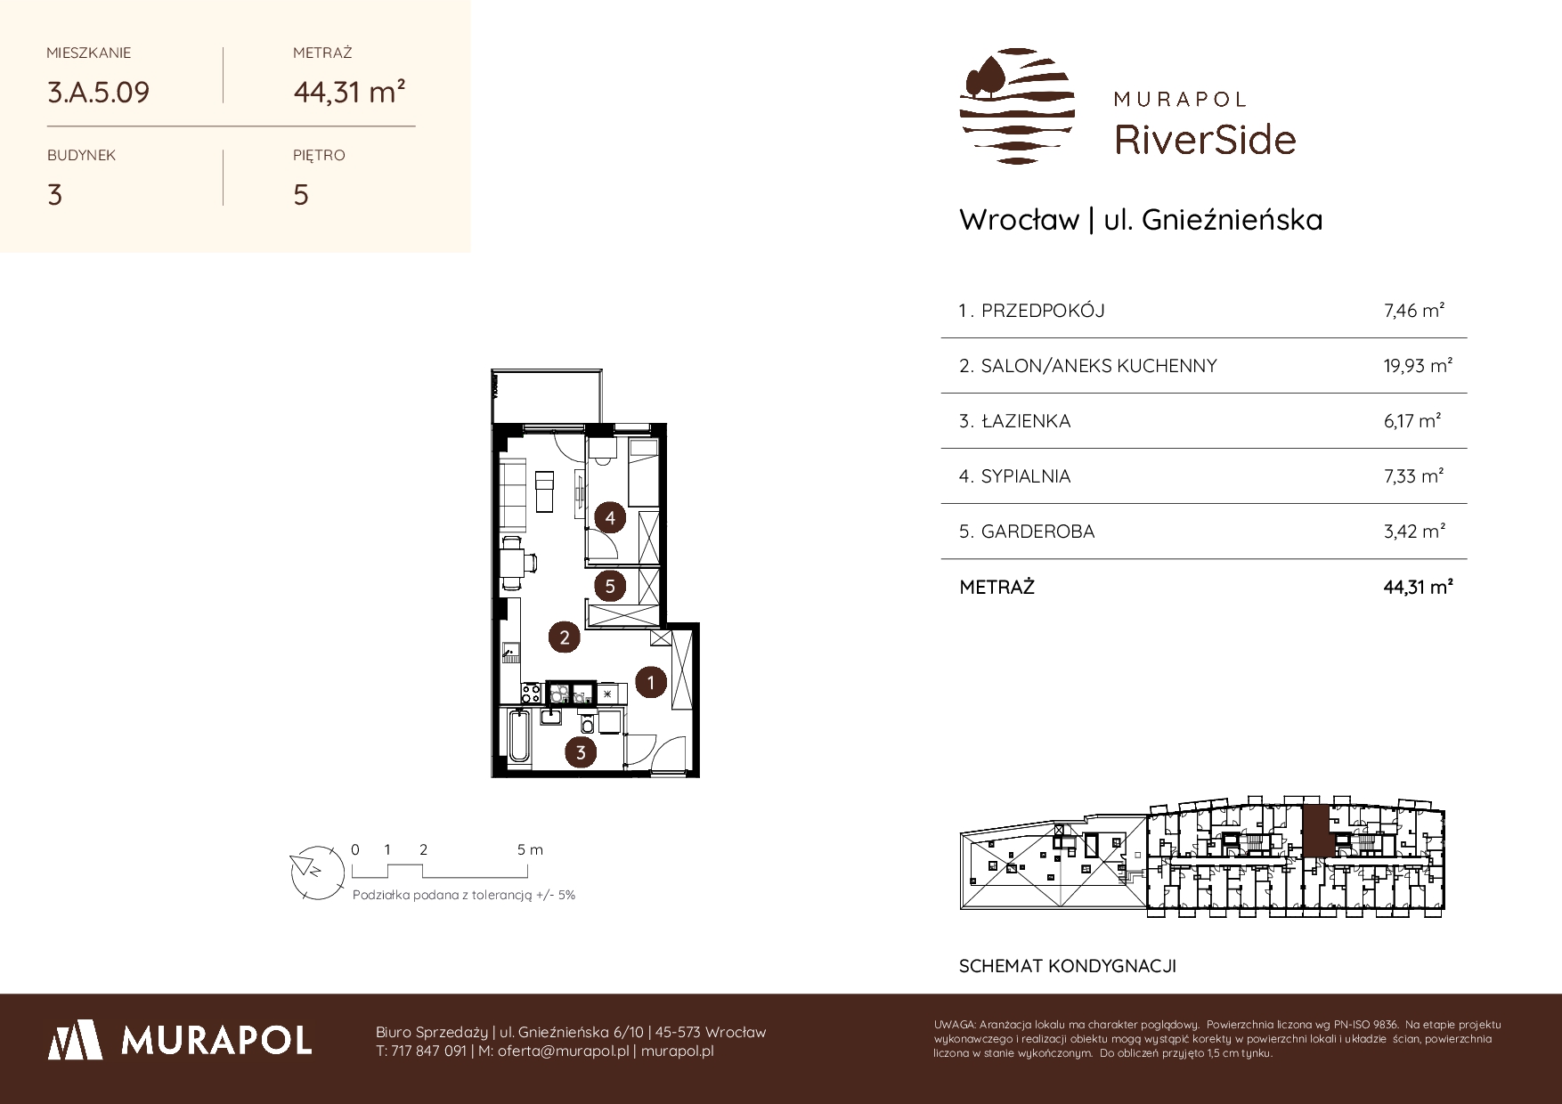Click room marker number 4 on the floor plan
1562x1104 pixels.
point(610,517)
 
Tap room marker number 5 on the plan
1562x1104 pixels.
point(610,586)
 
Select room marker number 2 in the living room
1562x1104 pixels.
point(564,637)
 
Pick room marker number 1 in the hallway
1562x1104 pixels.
point(651,683)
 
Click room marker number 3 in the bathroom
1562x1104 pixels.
point(581,752)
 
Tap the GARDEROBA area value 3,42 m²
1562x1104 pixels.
point(1415,532)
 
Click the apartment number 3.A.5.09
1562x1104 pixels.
point(98,93)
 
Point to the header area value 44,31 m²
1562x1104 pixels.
point(350,92)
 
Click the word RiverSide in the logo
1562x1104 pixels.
point(1206,140)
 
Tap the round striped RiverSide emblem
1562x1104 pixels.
point(1017,106)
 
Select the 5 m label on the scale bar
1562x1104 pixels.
point(530,849)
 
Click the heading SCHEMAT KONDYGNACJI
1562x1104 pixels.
point(1068,966)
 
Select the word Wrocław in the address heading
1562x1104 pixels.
point(1019,220)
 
